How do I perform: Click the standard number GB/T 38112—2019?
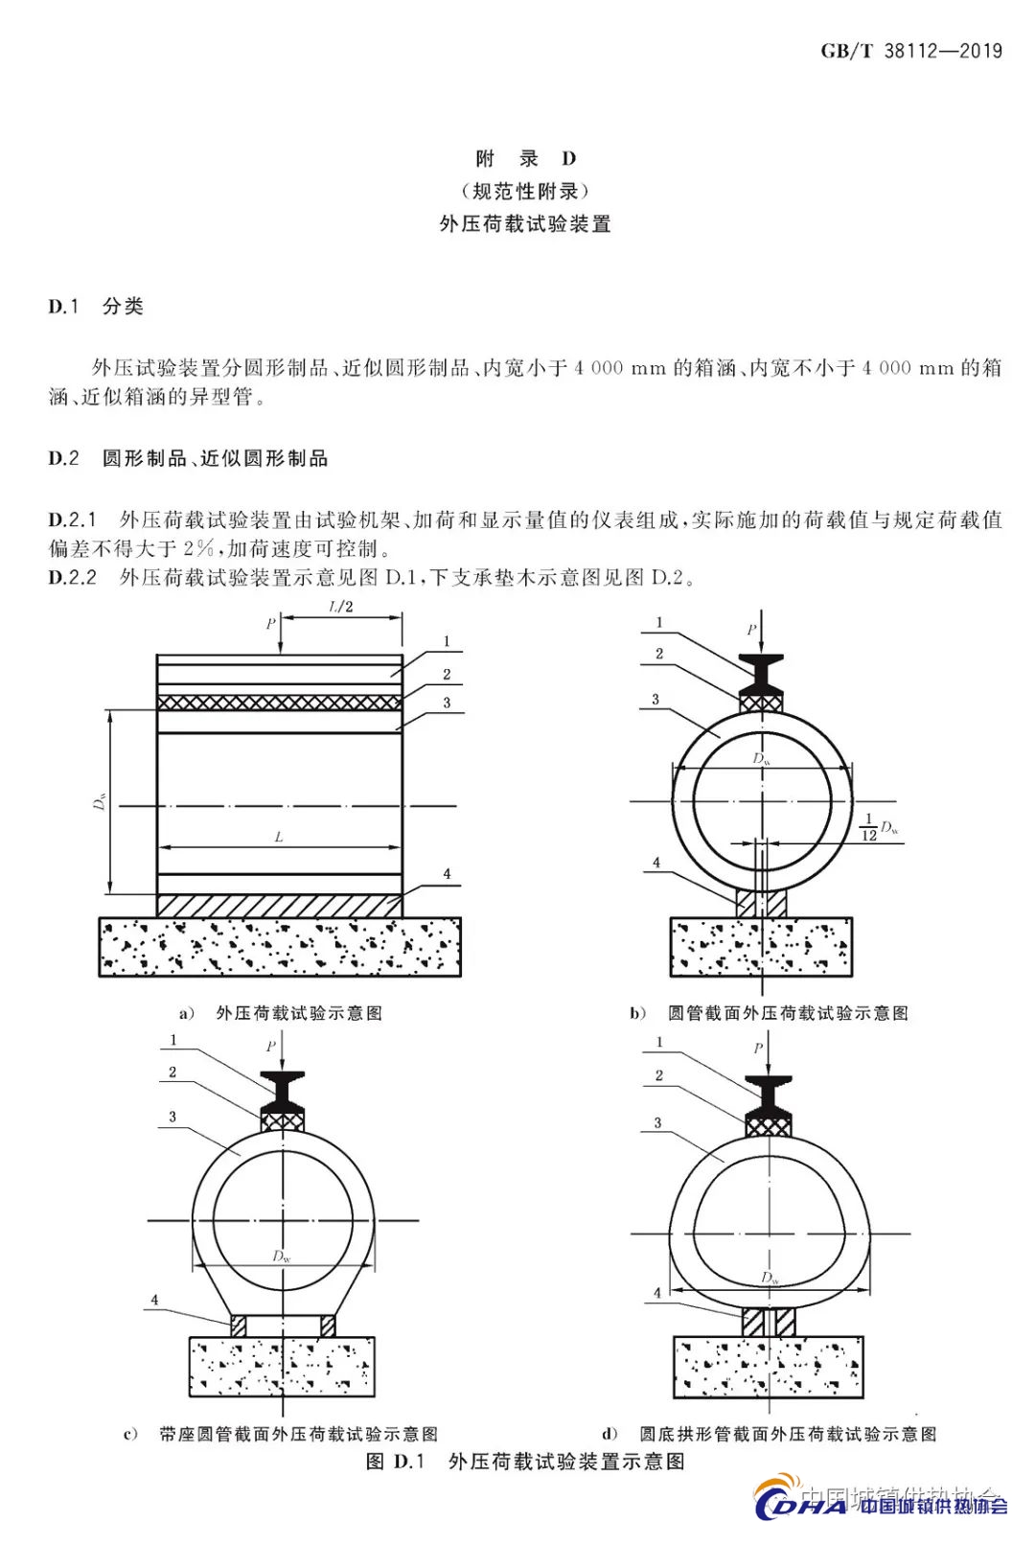click(910, 51)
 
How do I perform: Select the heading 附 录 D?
click(525, 158)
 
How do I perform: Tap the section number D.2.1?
click(73, 519)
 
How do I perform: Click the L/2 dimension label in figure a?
click(341, 607)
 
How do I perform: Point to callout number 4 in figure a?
click(447, 874)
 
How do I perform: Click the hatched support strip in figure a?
click(278, 906)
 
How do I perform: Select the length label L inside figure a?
click(279, 837)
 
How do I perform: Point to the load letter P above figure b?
click(751, 630)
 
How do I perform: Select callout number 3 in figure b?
click(655, 700)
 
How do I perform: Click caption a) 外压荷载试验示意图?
click(281, 1013)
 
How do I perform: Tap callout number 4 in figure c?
click(154, 1301)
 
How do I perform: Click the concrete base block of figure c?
click(281, 1367)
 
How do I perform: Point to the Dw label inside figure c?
click(281, 1256)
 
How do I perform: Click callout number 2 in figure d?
click(659, 1075)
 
